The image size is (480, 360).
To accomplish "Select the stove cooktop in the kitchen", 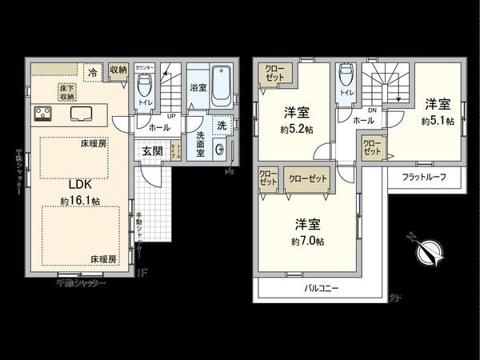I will tap(42, 114).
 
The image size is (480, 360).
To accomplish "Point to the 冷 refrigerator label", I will tap(94, 72).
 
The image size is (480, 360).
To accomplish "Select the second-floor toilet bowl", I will tap(346, 78).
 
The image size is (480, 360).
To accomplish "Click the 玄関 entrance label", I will tap(153, 150).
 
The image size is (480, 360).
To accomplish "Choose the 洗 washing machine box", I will tap(222, 126).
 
